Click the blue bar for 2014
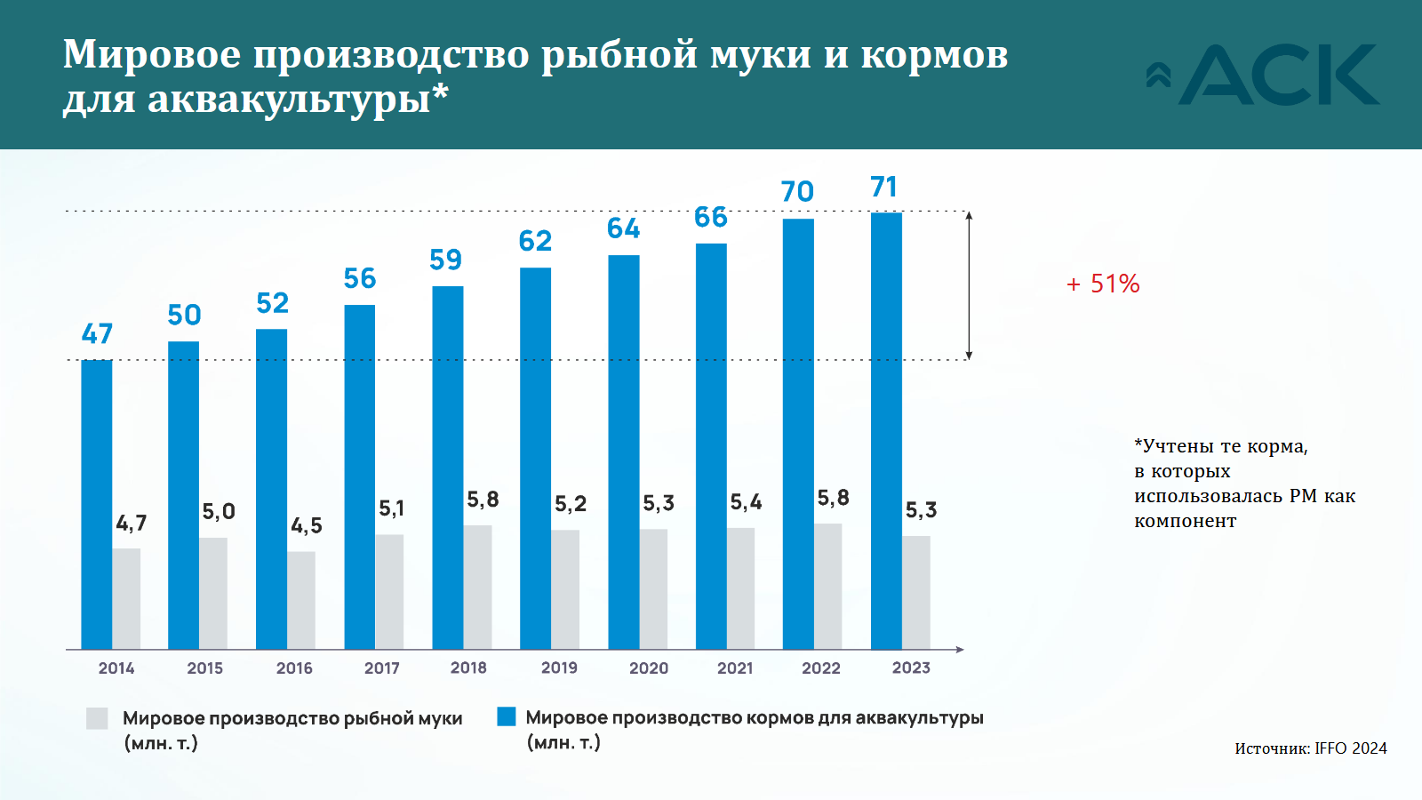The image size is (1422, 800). click(96, 504)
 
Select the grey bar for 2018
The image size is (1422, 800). click(477, 587)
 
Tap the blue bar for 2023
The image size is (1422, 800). click(886, 431)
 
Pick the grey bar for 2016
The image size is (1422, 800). click(301, 600)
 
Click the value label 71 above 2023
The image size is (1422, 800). click(883, 187)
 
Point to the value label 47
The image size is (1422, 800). click(97, 333)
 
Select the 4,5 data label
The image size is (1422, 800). click(307, 525)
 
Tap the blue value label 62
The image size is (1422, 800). click(535, 241)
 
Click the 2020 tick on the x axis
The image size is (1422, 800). click(649, 668)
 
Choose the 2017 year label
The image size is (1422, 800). click(382, 668)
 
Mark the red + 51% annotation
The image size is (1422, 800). click(1103, 284)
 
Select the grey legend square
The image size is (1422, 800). click(97, 718)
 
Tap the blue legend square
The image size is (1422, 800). click(507, 716)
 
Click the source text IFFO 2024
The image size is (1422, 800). click(1350, 748)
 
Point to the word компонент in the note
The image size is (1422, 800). click(1185, 521)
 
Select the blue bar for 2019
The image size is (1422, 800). click(535, 458)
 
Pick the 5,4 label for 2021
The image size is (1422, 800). click(746, 502)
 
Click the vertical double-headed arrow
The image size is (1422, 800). click(969, 285)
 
